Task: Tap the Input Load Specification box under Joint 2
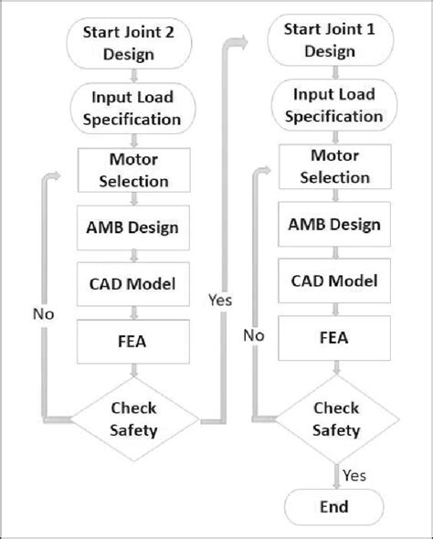click(x=135, y=108)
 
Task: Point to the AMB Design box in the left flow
click(x=135, y=227)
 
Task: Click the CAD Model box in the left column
click(x=135, y=285)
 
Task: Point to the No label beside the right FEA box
click(x=255, y=335)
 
